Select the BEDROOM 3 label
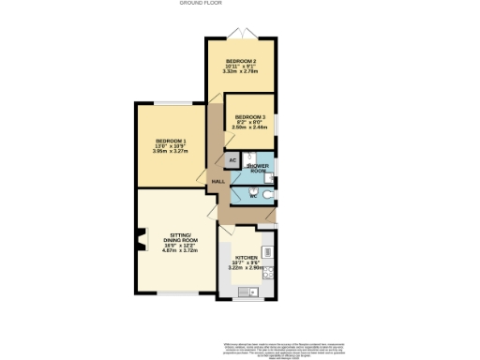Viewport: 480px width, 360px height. click(250, 117)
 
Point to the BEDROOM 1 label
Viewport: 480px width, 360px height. click(171, 142)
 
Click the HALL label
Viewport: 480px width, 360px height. click(217, 181)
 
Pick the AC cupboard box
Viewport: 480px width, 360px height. click(232, 161)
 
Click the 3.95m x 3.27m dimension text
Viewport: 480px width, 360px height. click(171, 153)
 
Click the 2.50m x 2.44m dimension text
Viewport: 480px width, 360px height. click(250, 127)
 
